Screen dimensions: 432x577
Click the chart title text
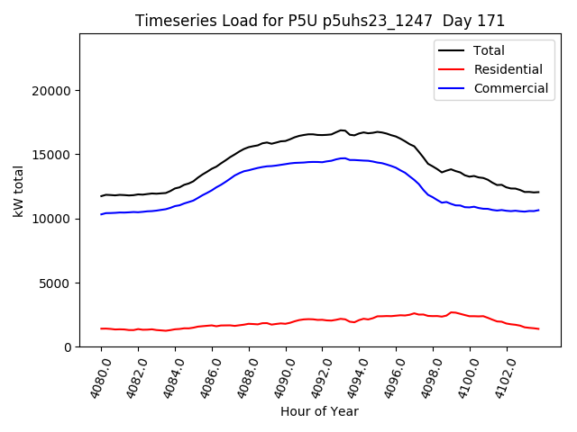[x=320, y=21]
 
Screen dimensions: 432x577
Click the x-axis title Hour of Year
[x=319, y=412]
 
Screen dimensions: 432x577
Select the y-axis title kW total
[x=18, y=191]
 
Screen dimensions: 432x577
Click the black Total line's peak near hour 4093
[x=342, y=130]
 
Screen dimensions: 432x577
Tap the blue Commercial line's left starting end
[x=101, y=214]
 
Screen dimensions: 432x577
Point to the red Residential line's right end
[x=538, y=328]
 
